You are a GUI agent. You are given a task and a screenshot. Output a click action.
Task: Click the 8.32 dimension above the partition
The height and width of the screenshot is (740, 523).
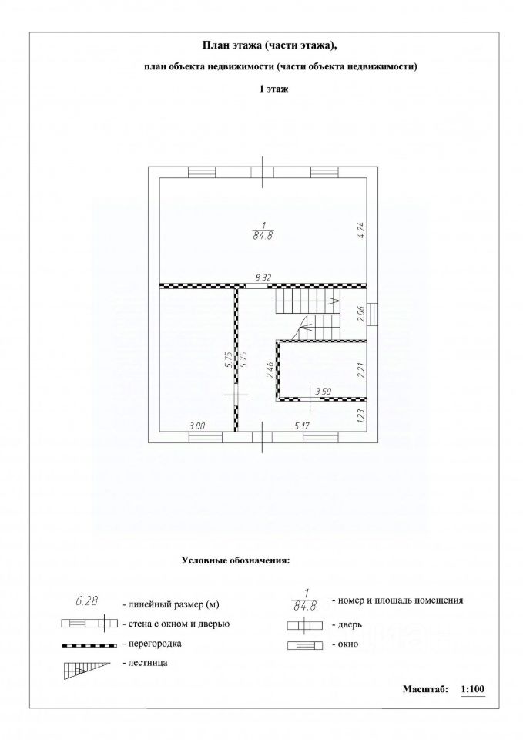(x=263, y=278)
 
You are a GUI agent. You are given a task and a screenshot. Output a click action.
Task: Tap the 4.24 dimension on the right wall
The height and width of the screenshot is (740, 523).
(x=362, y=232)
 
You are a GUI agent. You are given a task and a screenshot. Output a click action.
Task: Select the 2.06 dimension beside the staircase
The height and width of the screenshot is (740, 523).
(x=362, y=314)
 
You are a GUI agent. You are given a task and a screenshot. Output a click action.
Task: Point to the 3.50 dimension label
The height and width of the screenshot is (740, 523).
(x=323, y=392)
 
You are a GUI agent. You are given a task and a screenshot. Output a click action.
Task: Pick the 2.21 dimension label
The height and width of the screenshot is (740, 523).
(x=362, y=370)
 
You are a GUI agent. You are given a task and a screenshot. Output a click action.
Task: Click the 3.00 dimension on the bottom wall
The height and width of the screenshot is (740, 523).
(x=196, y=425)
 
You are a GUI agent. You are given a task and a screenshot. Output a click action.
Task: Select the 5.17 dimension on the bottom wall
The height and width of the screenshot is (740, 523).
(x=302, y=425)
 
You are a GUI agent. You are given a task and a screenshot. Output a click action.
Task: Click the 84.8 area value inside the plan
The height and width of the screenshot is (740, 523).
(x=263, y=236)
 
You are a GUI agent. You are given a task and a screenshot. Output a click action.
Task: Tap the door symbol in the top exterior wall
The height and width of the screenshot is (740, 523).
(x=263, y=171)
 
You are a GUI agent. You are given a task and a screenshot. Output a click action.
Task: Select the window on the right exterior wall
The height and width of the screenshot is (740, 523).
(x=373, y=314)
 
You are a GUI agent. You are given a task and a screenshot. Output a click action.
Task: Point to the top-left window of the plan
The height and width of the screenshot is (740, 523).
(x=203, y=172)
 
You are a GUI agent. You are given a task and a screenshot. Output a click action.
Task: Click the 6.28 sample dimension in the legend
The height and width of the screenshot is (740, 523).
(x=87, y=600)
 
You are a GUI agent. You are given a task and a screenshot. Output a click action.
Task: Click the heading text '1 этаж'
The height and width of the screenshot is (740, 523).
(x=273, y=89)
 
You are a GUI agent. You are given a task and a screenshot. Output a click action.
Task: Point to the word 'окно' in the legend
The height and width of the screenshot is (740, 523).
(x=348, y=644)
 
